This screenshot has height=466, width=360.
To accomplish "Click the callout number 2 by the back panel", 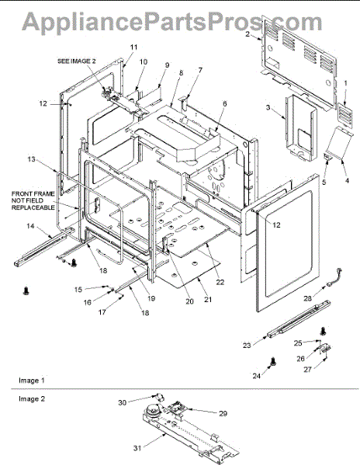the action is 247,34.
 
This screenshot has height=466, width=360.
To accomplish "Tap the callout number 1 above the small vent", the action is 345,84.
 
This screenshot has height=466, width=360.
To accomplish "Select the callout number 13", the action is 31,159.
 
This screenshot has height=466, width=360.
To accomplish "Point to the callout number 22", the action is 220,282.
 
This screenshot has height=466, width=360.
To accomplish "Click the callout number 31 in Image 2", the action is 137,448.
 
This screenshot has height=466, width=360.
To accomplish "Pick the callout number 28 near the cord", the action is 308,298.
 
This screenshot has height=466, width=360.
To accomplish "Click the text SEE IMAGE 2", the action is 77,61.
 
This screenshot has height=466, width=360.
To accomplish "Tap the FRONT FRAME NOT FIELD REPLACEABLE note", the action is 33,200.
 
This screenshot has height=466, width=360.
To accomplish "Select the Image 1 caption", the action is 32,381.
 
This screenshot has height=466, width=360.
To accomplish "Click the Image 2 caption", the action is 32,399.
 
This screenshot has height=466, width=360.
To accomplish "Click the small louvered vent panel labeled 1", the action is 346,115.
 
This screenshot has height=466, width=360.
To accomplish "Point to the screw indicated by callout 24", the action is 273,362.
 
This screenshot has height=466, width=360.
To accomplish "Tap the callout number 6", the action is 224,103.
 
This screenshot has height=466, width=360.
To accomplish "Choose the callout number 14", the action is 30,226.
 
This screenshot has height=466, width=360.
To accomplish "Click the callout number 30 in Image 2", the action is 123,402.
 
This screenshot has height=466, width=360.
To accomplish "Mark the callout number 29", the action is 223,413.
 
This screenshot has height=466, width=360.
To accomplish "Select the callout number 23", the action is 247,346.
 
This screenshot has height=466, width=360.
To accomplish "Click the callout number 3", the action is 268,107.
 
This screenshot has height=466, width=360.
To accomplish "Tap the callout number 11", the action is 134,47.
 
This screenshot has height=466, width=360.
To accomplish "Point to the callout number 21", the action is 208,300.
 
